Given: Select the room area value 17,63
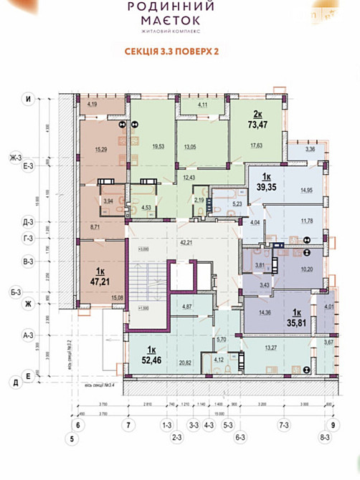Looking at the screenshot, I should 255,146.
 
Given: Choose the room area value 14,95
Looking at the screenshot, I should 305,190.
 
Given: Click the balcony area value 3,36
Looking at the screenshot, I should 310,150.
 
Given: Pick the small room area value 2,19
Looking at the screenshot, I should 199,200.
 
